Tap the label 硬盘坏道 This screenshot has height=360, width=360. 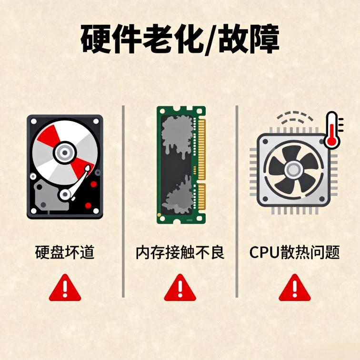[x=65, y=252]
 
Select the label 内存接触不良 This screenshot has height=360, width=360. [x=180, y=252]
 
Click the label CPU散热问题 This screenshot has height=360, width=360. [x=294, y=252]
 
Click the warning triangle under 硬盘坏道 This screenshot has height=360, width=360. [x=65, y=288]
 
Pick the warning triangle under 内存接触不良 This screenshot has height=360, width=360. [x=180, y=288]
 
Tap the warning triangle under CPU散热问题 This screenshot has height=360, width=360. [x=294, y=288]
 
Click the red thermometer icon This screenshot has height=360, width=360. [x=331, y=130]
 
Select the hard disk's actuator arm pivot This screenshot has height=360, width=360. [x=65, y=194]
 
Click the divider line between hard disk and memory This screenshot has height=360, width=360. [x=123, y=200]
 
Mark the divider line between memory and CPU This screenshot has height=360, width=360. [x=237, y=200]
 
